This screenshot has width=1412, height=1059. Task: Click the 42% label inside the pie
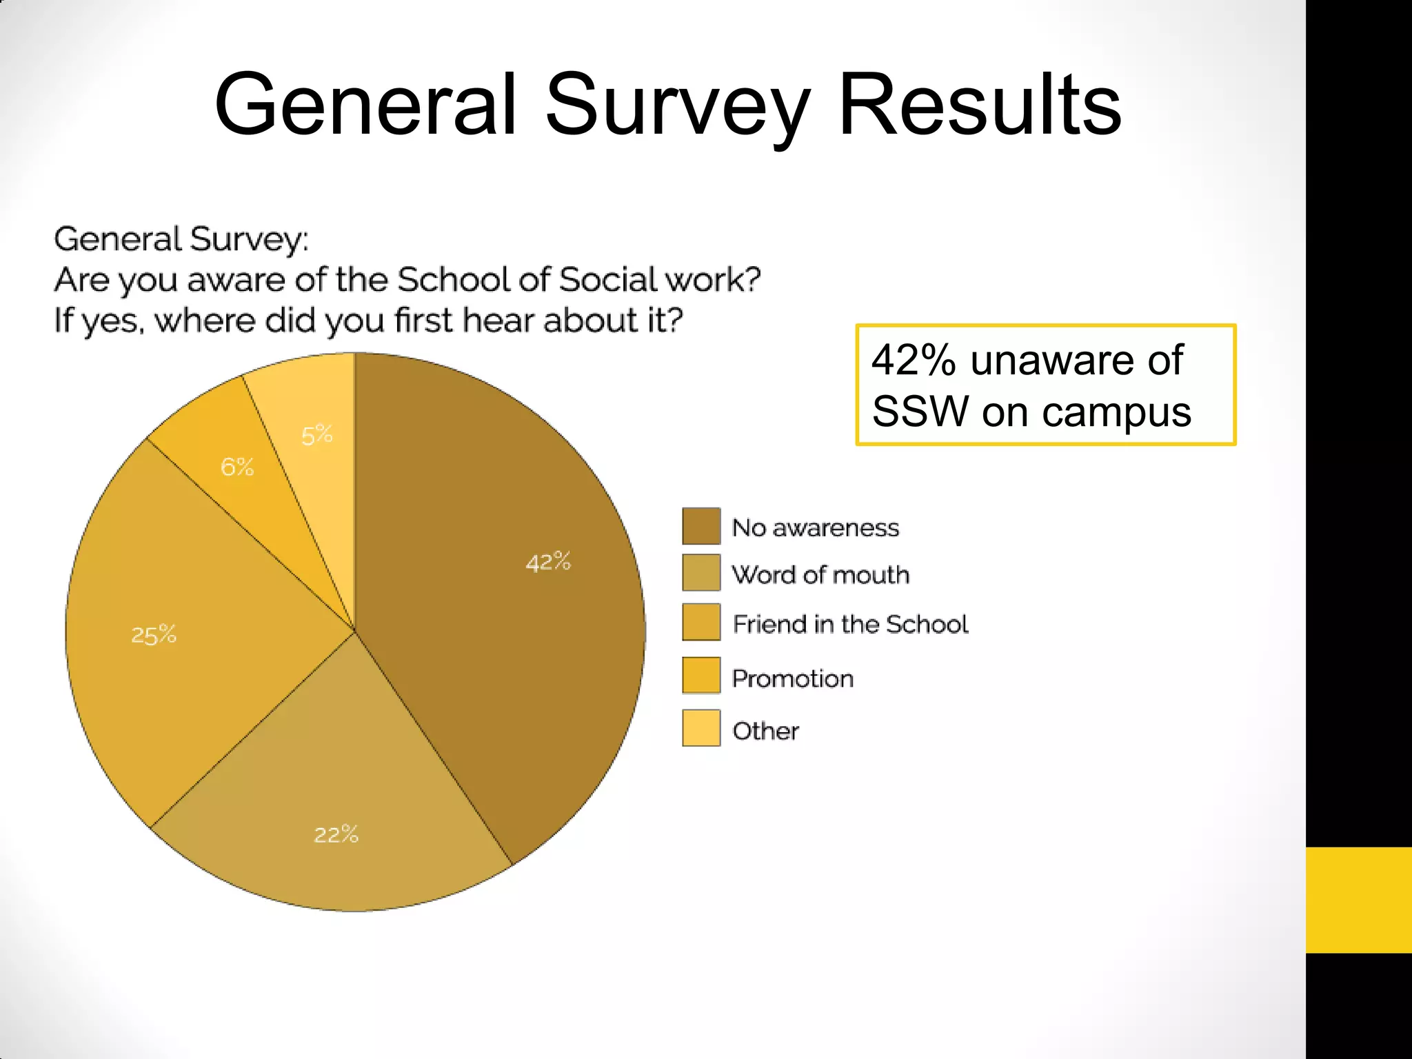548,562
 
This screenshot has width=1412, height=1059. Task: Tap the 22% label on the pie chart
336,834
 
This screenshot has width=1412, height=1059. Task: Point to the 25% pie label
154,634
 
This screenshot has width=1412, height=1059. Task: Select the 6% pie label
237,467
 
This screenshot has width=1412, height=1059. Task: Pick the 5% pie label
317,435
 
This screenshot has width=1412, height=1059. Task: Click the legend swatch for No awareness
701,526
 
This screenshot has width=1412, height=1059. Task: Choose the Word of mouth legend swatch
701,573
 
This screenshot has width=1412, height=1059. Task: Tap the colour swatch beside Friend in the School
701,622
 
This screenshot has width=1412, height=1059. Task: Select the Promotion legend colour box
701,675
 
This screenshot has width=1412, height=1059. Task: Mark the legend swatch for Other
701,728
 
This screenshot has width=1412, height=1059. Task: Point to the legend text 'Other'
765,731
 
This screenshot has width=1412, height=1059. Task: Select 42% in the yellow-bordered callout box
914,360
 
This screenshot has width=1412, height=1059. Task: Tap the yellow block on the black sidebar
1358,900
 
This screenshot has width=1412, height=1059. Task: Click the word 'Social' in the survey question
608,280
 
